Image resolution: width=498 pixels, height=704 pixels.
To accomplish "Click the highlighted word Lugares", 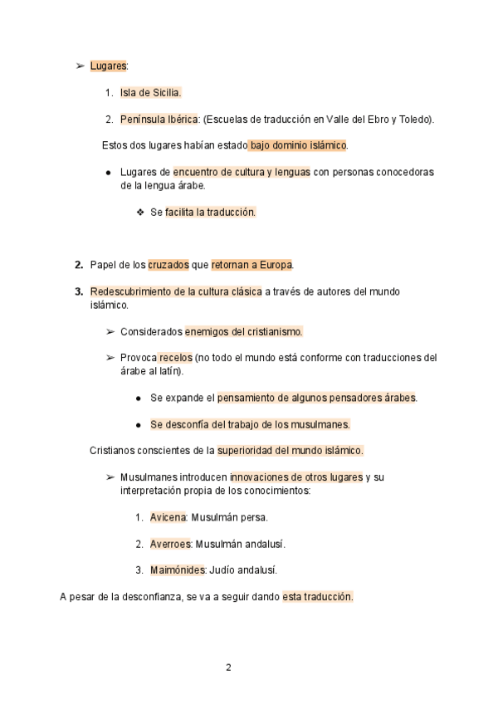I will click(108, 65).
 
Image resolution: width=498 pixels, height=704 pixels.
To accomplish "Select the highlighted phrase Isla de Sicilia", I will click(150, 92).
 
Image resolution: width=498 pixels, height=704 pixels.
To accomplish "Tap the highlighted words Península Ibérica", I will click(159, 119).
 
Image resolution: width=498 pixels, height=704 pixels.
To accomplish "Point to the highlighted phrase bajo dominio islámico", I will click(297, 145).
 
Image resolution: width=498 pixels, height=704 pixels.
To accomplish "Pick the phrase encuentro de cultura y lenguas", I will click(242, 172).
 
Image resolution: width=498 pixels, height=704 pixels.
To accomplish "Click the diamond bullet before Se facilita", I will click(139, 213).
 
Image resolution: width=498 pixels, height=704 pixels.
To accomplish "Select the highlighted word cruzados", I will click(168, 266).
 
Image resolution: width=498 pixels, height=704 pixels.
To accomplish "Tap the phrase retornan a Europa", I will click(251, 266).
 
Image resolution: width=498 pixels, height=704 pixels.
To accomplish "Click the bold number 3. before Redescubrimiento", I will click(80, 292).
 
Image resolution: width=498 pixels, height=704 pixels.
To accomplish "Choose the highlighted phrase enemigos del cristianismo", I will click(243, 332).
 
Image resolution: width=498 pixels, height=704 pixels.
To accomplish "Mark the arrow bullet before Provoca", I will click(110, 358).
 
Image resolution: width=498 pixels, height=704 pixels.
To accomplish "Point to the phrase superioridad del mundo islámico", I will click(290, 451).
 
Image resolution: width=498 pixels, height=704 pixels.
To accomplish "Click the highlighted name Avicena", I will click(168, 517).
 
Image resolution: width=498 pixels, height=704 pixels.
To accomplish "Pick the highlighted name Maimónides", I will click(177, 570).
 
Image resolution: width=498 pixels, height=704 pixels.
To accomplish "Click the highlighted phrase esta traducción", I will click(318, 597).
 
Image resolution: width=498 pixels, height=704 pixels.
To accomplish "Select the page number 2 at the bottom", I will click(228, 667).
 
